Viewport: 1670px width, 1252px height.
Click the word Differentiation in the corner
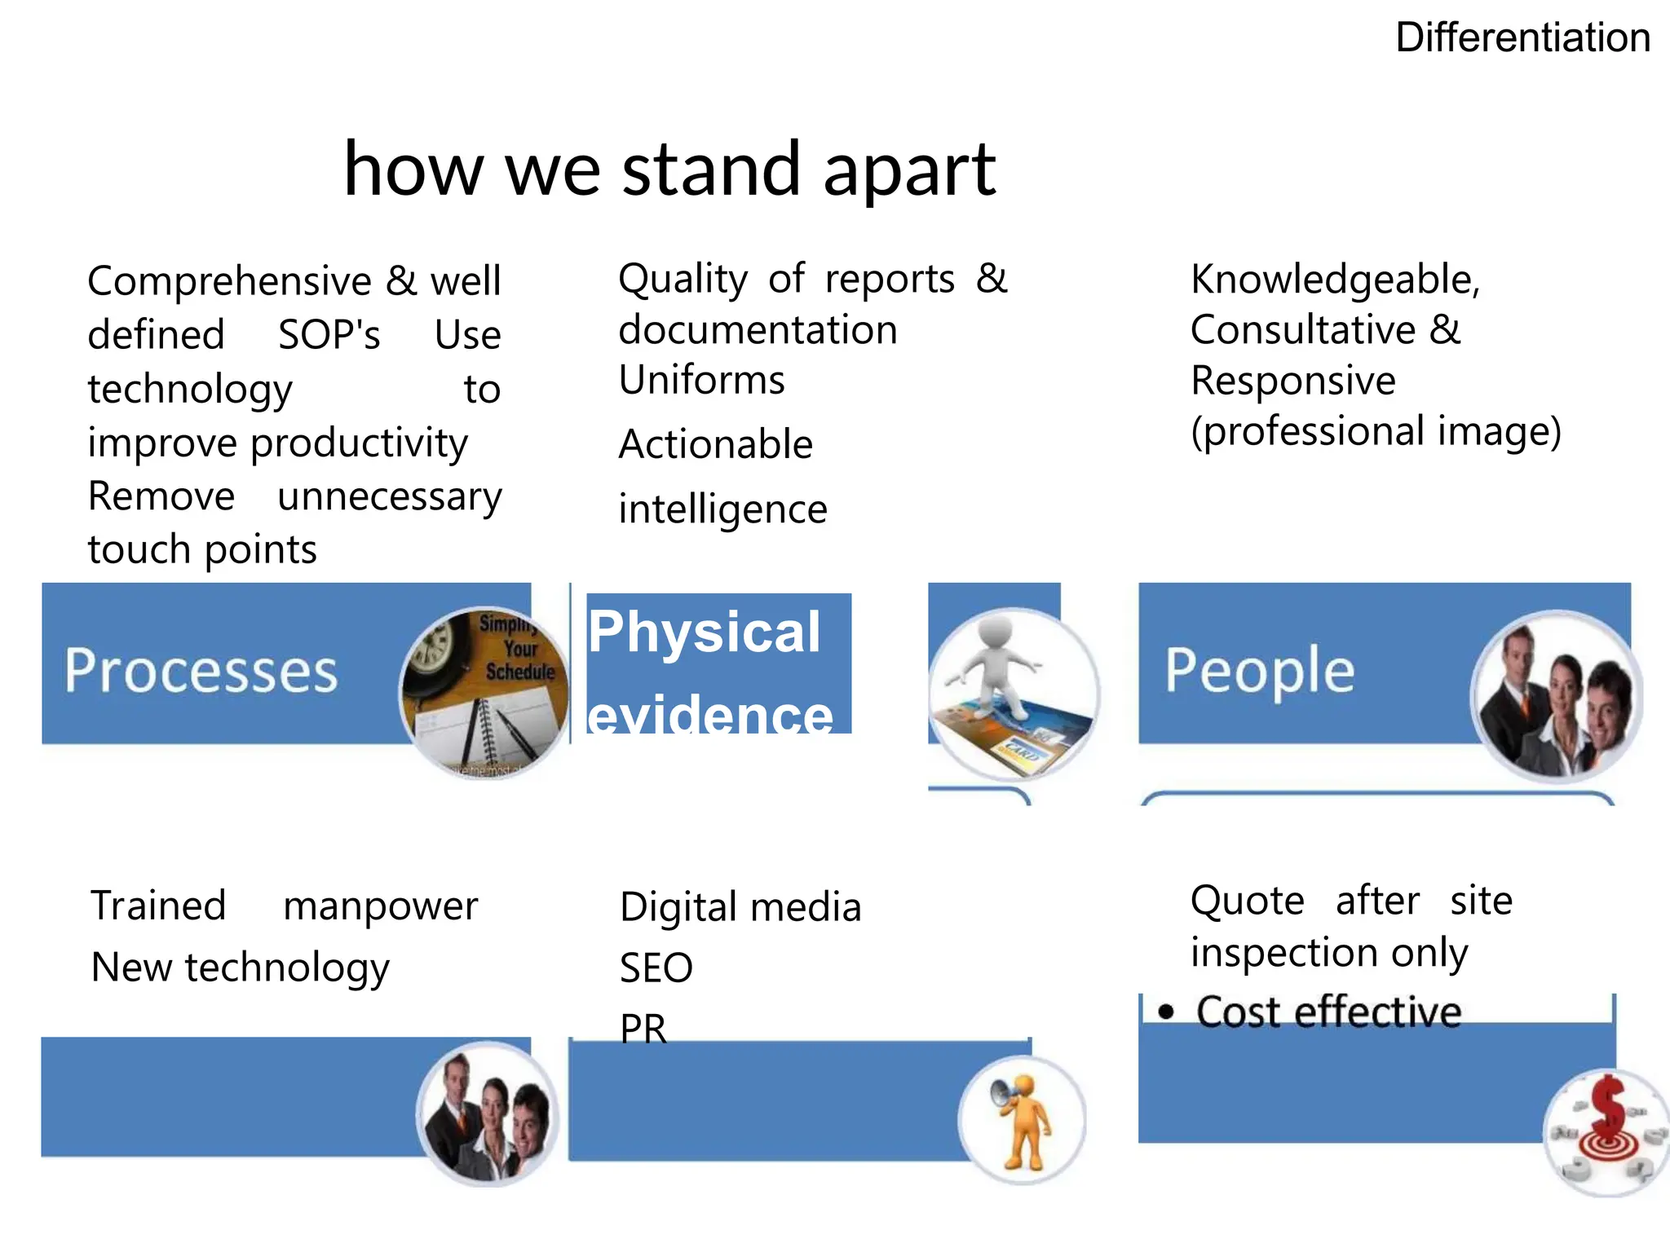click(x=1522, y=38)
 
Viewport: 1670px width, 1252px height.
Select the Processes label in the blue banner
click(x=201, y=671)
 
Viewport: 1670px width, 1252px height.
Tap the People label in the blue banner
click(x=1259, y=671)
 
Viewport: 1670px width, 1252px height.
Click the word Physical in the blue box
click(x=704, y=632)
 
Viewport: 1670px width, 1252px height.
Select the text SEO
click(x=656, y=968)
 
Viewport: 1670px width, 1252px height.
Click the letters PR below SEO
click(x=643, y=1029)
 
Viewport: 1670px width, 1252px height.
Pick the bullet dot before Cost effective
click(x=1166, y=1012)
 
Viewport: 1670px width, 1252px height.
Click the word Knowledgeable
click(x=1334, y=280)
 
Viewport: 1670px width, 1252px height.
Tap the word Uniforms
click(x=701, y=381)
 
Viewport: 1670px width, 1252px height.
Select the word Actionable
click(x=715, y=445)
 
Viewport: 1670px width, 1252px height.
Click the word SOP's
click(x=329, y=335)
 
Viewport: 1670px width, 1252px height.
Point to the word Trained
click(x=158, y=906)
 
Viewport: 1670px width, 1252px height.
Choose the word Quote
click(x=1247, y=902)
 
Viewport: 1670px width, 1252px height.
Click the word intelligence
click(x=722, y=510)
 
